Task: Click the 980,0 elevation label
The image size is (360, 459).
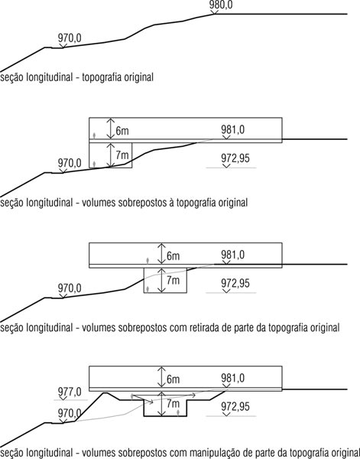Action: (221, 5)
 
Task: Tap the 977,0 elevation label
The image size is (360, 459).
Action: (70, 392)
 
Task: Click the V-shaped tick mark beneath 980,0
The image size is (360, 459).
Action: (214, 11)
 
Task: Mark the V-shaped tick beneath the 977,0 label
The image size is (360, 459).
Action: (63, 398)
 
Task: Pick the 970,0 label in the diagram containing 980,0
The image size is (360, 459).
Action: (70, 38)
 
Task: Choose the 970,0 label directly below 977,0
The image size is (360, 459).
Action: (70, 413)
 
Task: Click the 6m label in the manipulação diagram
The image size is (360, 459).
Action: (174, 379)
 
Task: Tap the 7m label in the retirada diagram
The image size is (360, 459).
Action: (174, 280)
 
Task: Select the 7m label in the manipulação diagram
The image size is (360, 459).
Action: (174, 404)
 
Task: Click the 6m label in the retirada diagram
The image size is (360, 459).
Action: (174, 256)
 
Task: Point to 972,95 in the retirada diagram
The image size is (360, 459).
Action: (235, 283)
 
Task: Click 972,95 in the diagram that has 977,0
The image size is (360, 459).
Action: (235, 407)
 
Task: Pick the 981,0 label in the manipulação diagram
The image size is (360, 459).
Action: (233, 378)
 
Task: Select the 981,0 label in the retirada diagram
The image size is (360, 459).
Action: (233, 255)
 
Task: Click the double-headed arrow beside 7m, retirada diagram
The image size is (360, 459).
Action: (161, 280)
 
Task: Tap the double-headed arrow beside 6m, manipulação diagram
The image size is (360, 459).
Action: (161, 376)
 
